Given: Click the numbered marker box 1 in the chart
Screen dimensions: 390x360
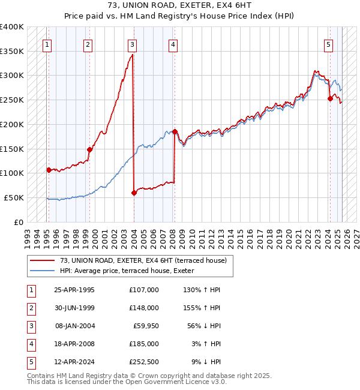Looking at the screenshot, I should (x=47, y=43).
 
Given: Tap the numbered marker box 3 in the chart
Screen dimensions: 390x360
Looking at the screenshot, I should (x=131, y=43).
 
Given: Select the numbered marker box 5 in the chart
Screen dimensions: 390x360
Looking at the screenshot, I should (x=329, y=43).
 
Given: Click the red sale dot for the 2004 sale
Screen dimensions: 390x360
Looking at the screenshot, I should (x=134, y=193).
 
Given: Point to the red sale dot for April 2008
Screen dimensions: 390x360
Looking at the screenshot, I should (x=175, y=131).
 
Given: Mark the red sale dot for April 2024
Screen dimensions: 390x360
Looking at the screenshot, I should (x=330, y=99).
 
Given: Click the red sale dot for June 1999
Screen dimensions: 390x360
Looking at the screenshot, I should (x=89, y=149).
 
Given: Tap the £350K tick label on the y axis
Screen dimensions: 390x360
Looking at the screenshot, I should (x=11, y=52).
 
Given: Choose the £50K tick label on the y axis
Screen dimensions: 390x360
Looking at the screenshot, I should (x=14, y=197).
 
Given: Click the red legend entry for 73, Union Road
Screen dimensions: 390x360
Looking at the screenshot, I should (x=143, y=260).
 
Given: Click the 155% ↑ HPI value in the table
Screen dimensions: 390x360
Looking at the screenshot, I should (x=205, y=307).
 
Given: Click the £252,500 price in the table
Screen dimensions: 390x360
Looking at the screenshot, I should (x=144, y=362).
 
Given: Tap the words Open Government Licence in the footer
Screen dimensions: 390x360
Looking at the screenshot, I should (x=178, y=382).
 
